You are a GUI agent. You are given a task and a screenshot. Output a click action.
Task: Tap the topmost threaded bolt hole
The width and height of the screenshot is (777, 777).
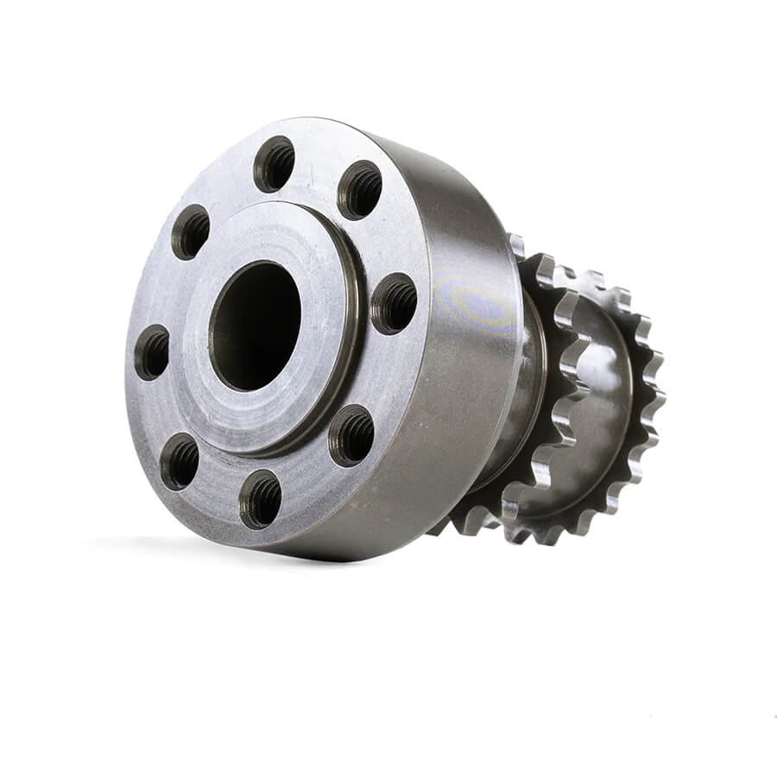point(274,164)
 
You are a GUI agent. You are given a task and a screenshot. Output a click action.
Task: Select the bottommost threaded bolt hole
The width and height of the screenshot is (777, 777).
point(260,498)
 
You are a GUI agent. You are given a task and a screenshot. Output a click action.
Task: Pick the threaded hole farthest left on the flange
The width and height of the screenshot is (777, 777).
point(152,352)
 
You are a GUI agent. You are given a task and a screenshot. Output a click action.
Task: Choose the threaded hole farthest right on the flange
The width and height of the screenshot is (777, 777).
point(394,303)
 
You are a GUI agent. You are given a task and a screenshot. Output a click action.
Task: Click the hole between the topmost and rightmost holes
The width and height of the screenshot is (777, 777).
point(359,190)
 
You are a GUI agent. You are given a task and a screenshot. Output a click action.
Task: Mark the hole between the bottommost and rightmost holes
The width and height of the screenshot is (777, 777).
point(351,434)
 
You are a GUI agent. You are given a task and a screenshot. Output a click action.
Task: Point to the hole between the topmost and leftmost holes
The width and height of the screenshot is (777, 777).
point(191,232)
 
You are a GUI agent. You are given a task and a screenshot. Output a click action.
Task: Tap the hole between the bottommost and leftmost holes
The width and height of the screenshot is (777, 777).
point(180,461)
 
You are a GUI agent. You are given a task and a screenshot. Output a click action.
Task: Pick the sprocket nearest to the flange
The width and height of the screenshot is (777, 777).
point(553,388)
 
